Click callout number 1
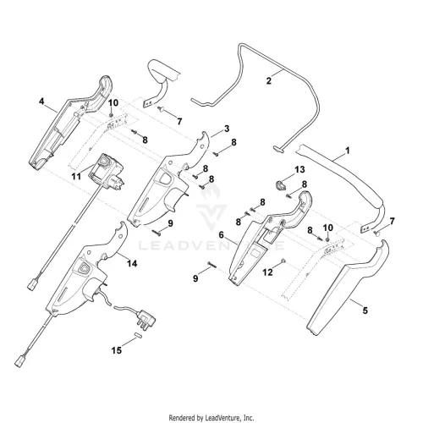tap(348, 151)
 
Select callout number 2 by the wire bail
tap(269, 80)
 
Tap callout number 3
tap(227, 129)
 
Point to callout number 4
tap(41, 101)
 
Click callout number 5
tap(365, 310)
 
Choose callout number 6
tap(221, 234)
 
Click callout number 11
tap(76, 177)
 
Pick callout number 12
tap(267, 272)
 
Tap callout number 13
tap(299, 169)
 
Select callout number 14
tap(132, 263)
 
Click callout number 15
tap(117, 350)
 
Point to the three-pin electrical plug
tap(146, 318)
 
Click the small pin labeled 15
tap(138, 335)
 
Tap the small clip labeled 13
tap(280, 185)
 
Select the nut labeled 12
tap(283, 261)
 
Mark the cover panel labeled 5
tap(348, 288)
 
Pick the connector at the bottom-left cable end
tap(19, 362)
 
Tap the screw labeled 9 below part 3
tap(157, 232)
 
